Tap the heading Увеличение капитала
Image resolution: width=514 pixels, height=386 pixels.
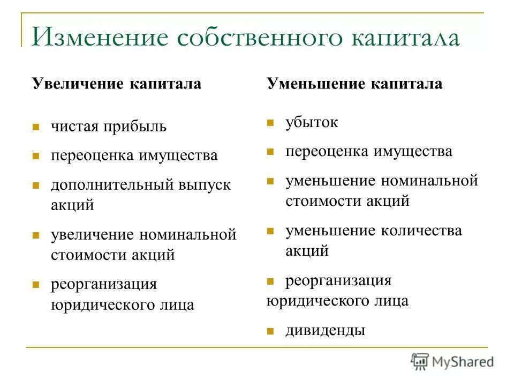point(116,85)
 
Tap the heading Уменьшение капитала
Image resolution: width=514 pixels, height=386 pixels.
point(354,84)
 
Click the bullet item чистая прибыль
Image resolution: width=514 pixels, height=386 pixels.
point(109,127)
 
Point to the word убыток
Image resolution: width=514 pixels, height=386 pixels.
point(312,122)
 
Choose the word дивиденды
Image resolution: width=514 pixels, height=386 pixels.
point(325,330)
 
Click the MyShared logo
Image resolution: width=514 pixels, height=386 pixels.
point(452,361)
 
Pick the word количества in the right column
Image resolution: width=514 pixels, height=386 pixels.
point(421,231)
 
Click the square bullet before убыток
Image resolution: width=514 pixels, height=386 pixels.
point(270,123)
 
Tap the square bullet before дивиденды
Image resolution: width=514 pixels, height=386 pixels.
point(270,331)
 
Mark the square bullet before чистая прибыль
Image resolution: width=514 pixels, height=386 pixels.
point(36,128)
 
